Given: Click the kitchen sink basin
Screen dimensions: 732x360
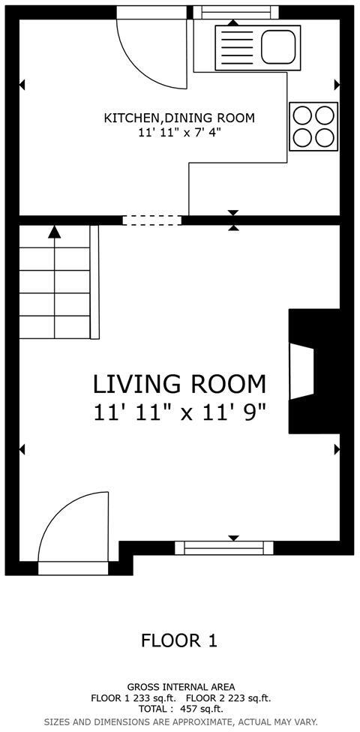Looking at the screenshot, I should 277,47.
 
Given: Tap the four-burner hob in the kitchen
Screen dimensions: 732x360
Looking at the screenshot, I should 313,126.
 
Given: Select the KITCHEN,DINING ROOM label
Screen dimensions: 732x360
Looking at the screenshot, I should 179,118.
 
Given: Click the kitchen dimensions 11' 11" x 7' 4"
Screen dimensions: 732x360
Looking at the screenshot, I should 179,133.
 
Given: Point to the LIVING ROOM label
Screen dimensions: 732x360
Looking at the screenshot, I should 179,384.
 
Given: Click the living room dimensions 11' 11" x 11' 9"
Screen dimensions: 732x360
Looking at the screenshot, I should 179,412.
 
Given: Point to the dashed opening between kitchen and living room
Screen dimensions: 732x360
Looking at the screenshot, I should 152,220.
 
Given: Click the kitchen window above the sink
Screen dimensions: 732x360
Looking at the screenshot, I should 235,11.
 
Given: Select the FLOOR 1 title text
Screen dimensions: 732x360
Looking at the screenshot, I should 179,640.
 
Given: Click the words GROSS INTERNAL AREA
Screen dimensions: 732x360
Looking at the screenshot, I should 181,686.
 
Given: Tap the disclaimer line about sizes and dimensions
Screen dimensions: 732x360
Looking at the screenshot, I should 181,721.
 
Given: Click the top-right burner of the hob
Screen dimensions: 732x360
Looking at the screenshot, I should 324,115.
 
